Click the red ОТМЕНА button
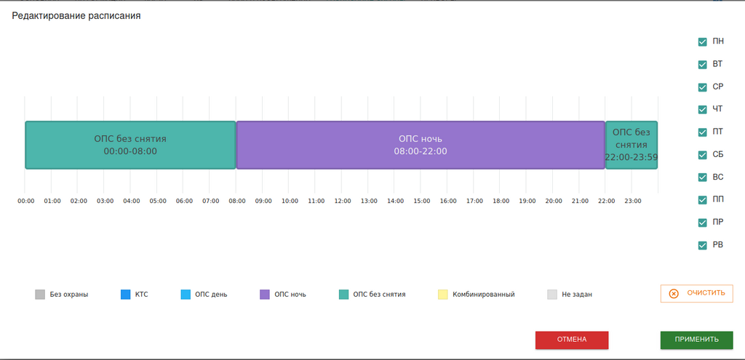572,340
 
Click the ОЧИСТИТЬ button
696,293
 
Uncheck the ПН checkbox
702,42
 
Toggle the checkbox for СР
702,87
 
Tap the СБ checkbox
702,155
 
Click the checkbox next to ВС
702,177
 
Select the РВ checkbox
702,245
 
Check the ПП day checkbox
702,200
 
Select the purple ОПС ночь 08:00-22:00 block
421,145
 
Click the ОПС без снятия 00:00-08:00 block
130,145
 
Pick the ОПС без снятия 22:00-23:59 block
631,145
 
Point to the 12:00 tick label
343,201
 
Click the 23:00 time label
633,201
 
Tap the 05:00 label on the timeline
158,201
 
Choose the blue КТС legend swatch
126,295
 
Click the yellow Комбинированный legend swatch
443,295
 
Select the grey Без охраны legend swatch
40,295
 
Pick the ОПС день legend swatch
186,295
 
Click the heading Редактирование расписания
76,15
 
